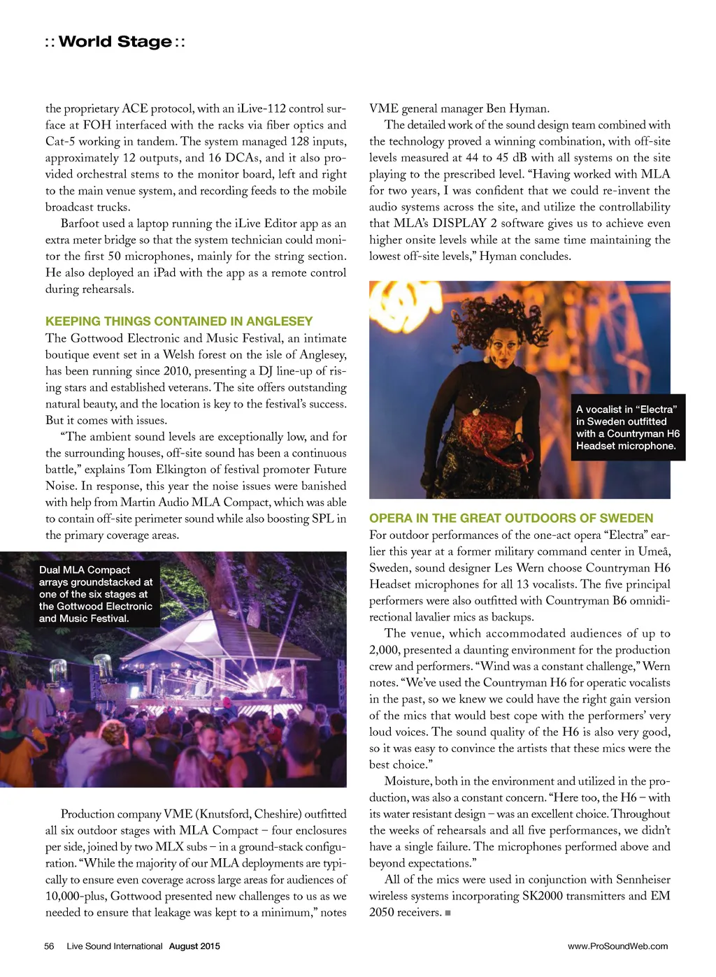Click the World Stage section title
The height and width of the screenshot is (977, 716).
click(115, 42)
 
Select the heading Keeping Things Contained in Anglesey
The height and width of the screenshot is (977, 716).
click(179, 321)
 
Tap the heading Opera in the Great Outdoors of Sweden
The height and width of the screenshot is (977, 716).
click(511, 519)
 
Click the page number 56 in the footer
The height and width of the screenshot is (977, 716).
click(49, 946)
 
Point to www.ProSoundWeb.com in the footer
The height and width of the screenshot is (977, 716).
click(617, 946)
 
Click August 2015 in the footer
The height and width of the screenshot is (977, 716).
click(194, 946)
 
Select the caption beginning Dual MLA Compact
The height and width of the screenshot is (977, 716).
click(96, 594)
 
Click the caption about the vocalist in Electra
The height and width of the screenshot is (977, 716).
click(627, 428)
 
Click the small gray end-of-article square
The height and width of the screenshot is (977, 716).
click(447, 913)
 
